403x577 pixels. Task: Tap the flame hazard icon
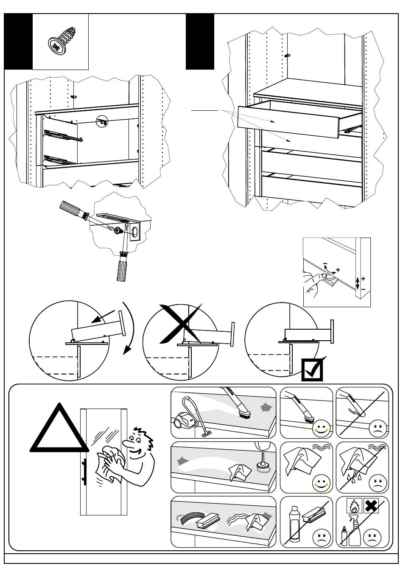point(353,505)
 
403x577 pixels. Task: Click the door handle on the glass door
point(84,471)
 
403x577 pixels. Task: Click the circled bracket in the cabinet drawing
point(102,121)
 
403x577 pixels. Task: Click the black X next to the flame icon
point(372,505)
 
